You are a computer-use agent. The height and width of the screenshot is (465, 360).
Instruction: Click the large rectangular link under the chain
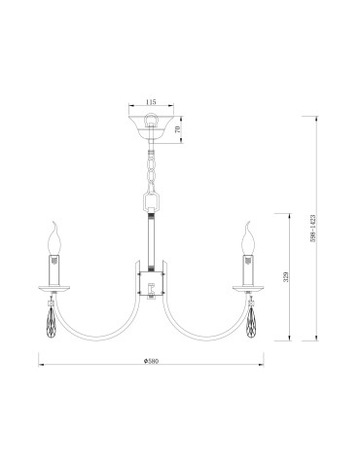tap(151, 201)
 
